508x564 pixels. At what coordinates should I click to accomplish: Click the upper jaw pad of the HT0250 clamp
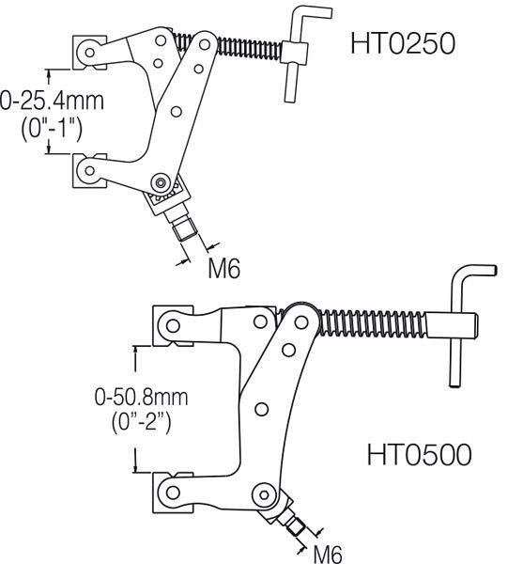(x=86, y=54)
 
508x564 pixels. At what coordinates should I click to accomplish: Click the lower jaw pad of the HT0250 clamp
(x=86, y=170)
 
